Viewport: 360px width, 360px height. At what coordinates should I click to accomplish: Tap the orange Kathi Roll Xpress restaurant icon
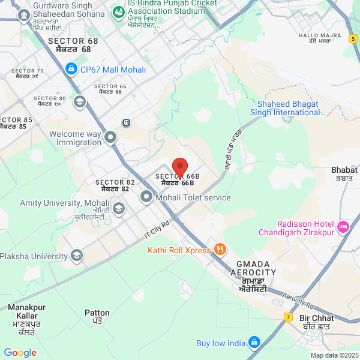tap(220, 249)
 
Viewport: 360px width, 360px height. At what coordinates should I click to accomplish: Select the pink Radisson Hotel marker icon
tap(343, 227)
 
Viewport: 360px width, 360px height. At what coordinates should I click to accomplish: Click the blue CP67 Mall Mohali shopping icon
tap(71, 69)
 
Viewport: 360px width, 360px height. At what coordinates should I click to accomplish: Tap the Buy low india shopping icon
tap(254, 343)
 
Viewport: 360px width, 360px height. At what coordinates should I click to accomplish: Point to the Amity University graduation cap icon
tap(119, 208)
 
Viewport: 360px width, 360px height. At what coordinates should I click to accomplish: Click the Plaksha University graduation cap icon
tap(76, 256)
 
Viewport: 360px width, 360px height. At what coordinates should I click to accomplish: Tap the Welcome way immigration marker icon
tap(110, 138)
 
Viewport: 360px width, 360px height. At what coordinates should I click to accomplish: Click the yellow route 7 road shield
tap(288, 316)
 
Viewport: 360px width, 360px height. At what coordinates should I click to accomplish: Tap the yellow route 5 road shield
tap(352, 38)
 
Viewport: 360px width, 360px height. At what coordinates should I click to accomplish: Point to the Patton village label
tap(97, 316)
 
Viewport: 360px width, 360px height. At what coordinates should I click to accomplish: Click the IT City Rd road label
tap(157, 230)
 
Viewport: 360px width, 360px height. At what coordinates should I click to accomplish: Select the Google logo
tap(20, 352)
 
